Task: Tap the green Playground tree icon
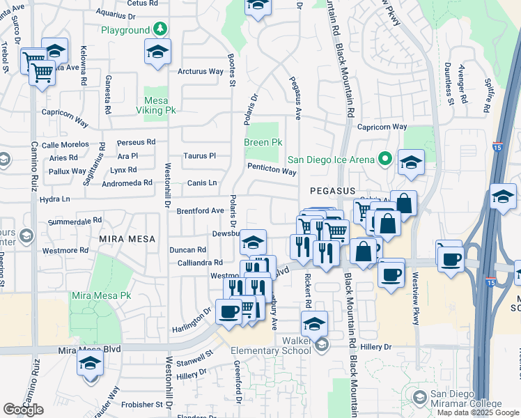(161, 29)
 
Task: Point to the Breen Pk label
(263, 142)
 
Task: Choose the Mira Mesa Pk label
(101, 295)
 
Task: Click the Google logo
(23, 410)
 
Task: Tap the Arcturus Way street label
(201, 71)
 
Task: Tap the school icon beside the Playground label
(158, 52)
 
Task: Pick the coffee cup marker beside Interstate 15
(451, 258)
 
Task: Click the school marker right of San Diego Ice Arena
(411, 163)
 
